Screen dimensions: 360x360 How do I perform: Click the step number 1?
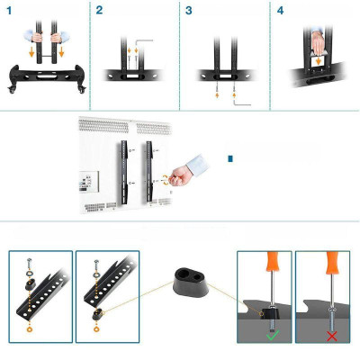(x=8, y=10)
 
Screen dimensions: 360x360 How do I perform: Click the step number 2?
(x=99, y=10)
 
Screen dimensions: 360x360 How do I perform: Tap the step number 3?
(x=188, y=10)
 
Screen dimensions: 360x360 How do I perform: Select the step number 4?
(x=280, y=10)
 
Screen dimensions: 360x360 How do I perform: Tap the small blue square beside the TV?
(x=230, y=158)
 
